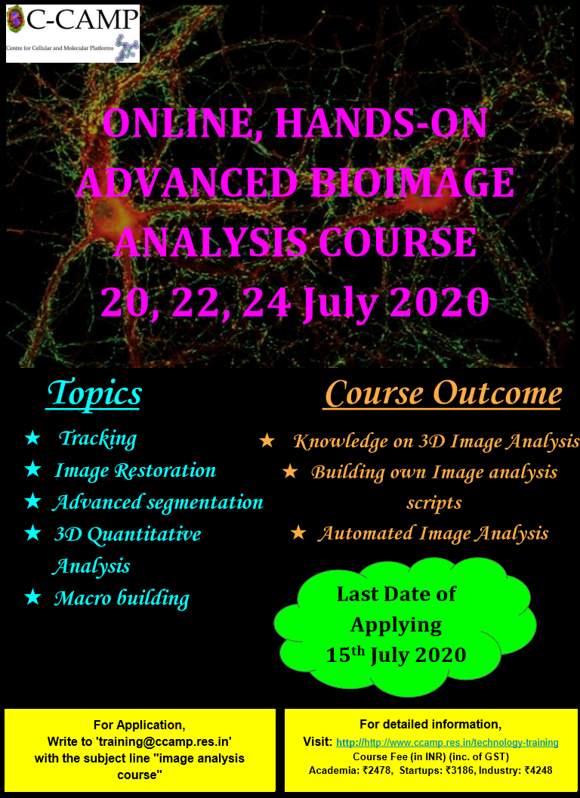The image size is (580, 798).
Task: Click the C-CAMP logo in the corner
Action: click(x=72, y=33)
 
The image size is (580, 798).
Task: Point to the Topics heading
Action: click(x=94, y=394)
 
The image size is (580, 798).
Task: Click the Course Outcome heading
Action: click(x=443, y=394)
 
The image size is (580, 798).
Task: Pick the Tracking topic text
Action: click(x=97, y=439)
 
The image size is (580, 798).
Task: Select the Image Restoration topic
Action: click(x=135, y=470)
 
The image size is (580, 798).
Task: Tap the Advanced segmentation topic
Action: click(x=158, y=503)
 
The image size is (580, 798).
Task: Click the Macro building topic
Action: click(x=122, y=598)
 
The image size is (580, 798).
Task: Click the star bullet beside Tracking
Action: click(x=32, y=438)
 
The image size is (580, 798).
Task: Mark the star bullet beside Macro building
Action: click(x=32, y=598)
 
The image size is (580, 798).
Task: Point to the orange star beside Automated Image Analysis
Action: click(x=298, y=534)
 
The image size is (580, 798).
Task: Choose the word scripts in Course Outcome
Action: click(x=434, y=503)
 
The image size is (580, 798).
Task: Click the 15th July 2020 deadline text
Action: click(x=396, y=655)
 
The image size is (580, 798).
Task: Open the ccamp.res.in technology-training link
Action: click(x=447, y=743)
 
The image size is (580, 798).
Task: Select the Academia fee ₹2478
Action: click(x=351, y=771)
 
